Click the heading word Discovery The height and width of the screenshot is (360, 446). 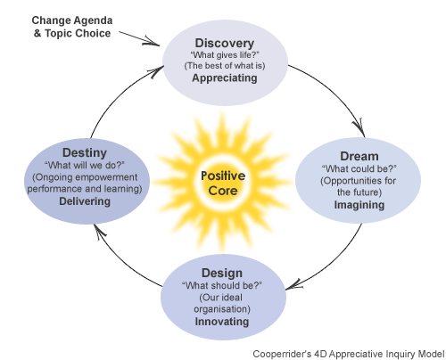click(x=225, y=44)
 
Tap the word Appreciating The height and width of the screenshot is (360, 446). click(x=225, y=78)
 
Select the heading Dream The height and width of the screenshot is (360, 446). click(x=359, y=156)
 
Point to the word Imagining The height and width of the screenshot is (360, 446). click(x=359, y=205)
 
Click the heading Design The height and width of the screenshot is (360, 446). click(x=222, y=274)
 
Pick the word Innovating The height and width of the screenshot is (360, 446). click(x=222, y=322)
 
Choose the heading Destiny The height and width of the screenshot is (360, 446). click(x=85, y=153)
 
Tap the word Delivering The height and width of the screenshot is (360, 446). click(x=85, y=201)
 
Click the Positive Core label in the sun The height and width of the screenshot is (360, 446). click(x=223, y=183)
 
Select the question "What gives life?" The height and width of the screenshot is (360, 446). click(x=225, y=55)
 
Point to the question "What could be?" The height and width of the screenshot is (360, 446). click(x=359, y=169)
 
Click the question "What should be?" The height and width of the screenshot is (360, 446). click(x=222, y=286)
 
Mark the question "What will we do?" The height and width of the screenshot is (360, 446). click(x=85, y=165)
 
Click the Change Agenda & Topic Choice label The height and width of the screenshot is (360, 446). click(x=72, y=27)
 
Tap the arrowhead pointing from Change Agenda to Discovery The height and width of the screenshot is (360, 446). click(x=153, y=41)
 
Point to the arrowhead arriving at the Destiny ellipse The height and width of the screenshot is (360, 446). click(x=100, y=230)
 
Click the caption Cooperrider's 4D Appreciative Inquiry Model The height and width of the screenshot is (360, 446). click(x=349, y=354)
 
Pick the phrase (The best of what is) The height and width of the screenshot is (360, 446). click(x=225, y=66)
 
